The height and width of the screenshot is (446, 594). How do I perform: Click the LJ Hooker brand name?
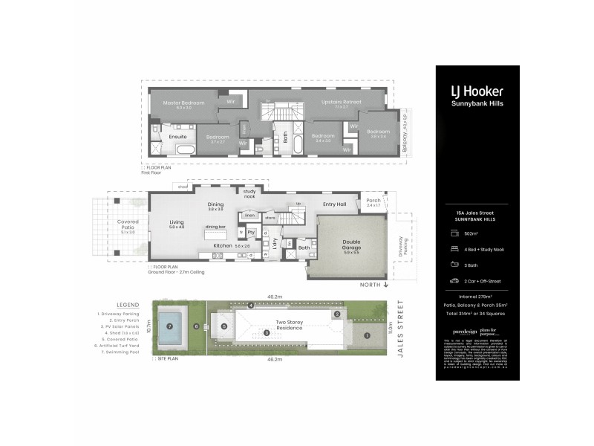(477, 91)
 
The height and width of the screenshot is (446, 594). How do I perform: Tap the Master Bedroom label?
(183, 103)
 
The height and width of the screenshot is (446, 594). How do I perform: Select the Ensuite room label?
(177, 137)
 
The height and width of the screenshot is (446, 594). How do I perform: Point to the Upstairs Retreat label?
(341, 103)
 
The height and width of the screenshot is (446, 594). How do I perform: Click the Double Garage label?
(351, 243)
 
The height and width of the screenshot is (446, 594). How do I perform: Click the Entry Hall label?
(334, 204)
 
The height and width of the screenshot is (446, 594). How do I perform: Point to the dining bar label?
(216, 227)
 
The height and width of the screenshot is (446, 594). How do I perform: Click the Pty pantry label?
(251, 232)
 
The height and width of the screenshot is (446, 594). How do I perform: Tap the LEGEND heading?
(127, 305)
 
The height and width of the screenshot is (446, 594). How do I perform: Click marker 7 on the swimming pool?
(170, 326)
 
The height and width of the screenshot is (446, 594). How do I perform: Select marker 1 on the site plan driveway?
(366, 335)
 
